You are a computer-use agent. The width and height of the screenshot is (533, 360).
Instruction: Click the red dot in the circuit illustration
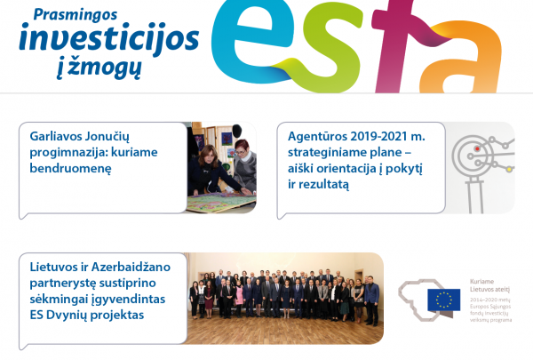pos(478,148)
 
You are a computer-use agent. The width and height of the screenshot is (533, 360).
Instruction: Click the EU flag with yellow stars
pos(443,300)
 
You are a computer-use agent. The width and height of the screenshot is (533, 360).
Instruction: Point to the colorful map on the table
pos(213,203)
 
